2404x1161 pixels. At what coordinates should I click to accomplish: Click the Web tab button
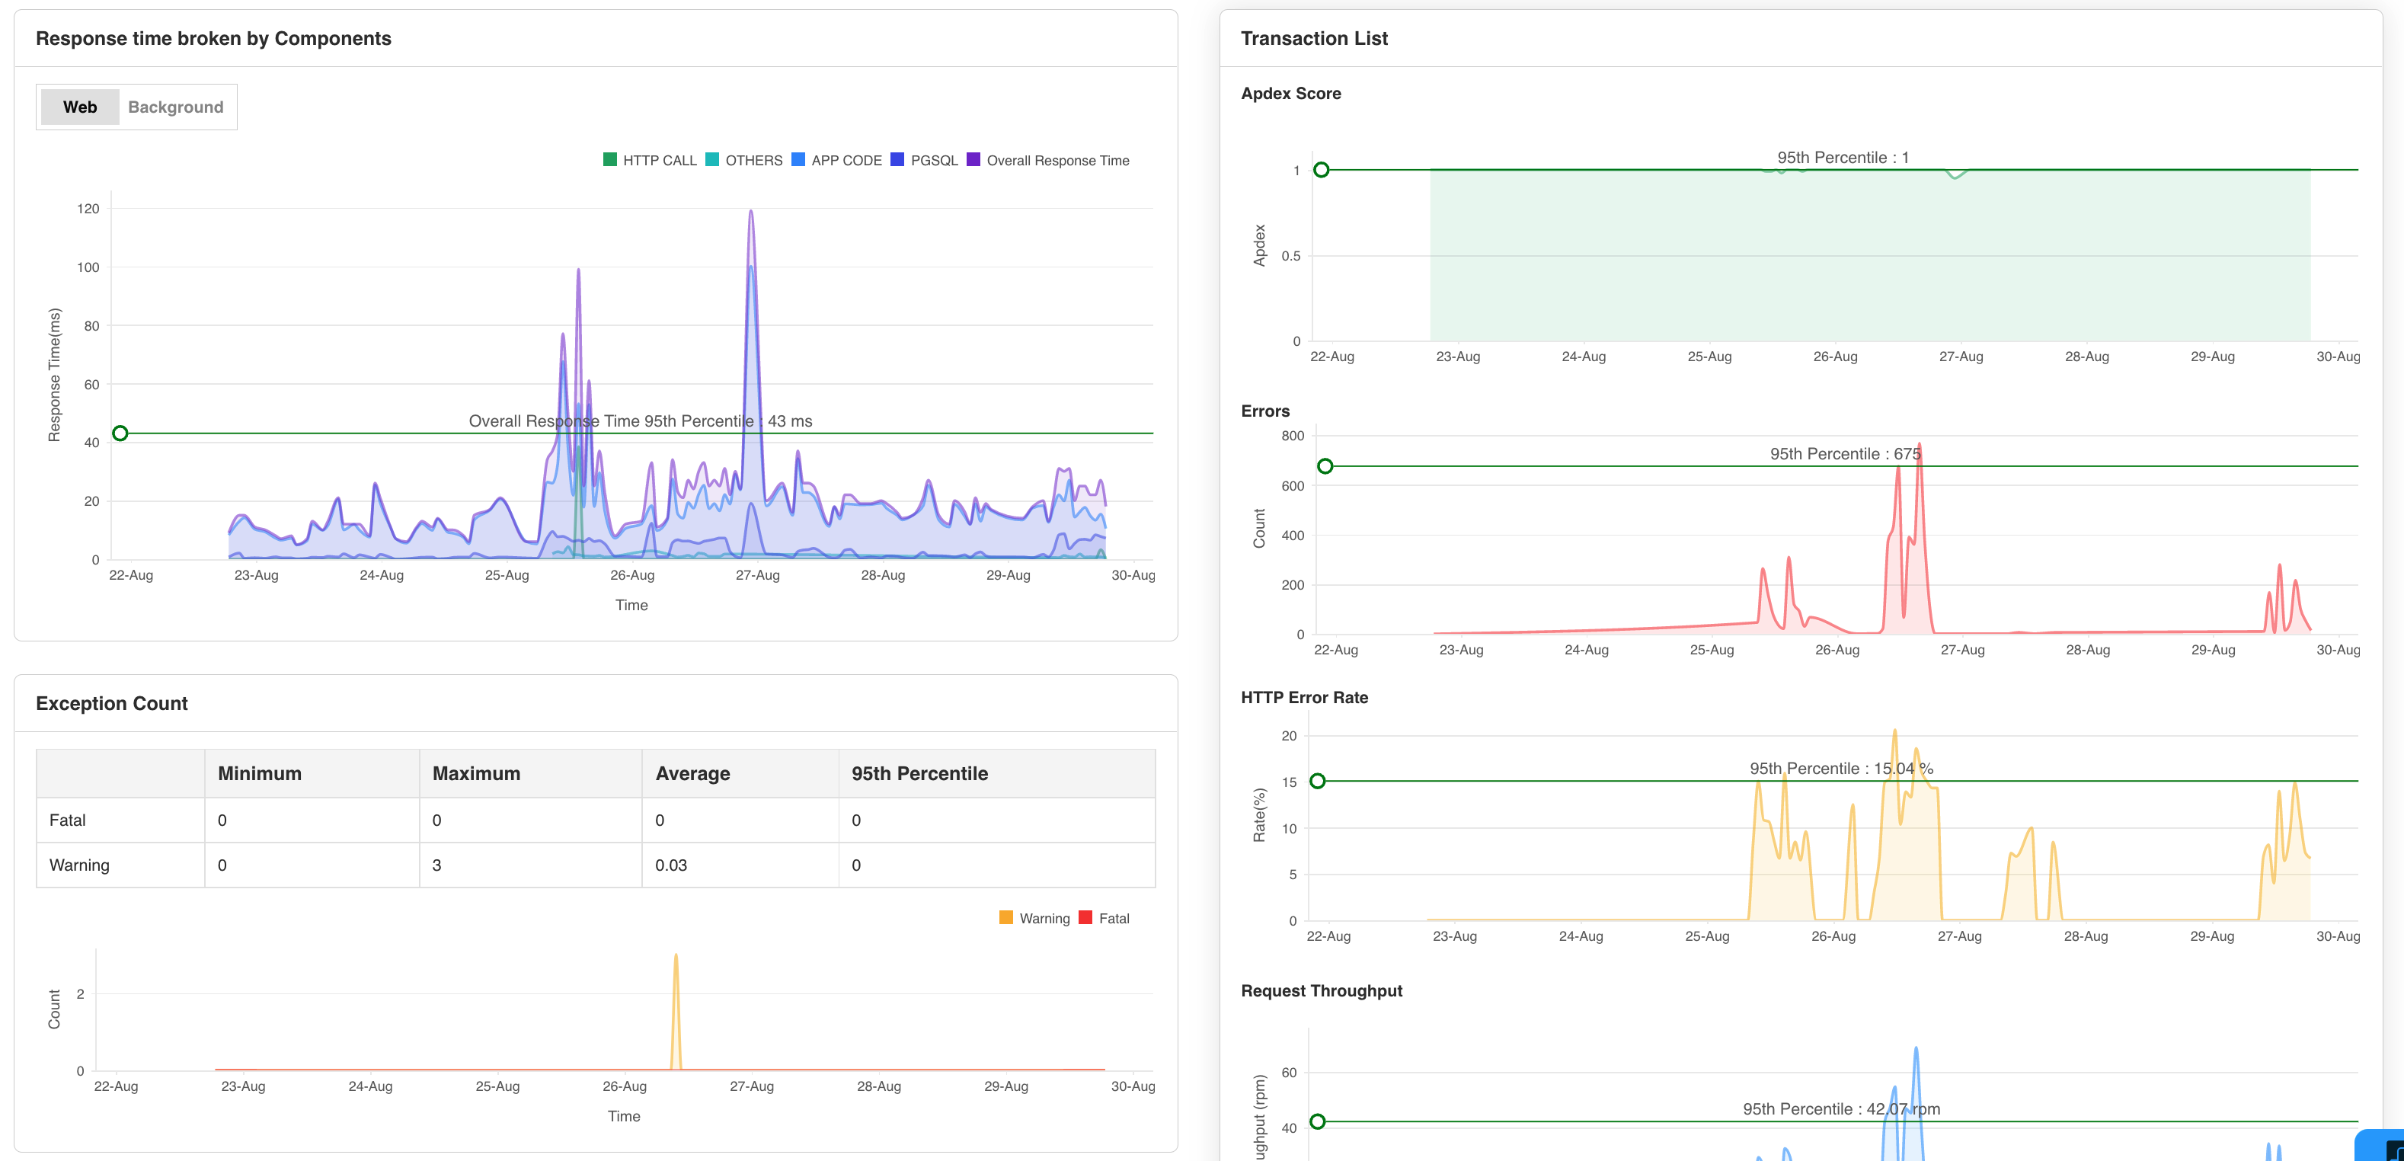[x=79, y=107]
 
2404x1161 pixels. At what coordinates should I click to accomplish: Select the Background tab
[x=175, y=107]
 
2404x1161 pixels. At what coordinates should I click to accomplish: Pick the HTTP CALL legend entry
[x=651, y=161]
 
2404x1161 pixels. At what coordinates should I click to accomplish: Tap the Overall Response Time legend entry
[x=1048, y=161]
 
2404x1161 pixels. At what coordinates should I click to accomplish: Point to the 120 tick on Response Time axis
[x=88, y=209]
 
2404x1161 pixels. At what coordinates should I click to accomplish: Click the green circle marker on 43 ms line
[x=120, y=433]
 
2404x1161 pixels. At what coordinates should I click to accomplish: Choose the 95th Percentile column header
[x=919, y=774]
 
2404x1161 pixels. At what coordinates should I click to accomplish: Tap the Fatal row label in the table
[x=67, y=820]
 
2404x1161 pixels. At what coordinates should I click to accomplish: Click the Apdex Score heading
[x=1290, y=94]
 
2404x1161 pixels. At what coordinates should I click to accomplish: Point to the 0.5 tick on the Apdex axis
[x=1290, y=257]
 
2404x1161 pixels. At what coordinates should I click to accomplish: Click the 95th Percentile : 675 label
[x=1844, y=453]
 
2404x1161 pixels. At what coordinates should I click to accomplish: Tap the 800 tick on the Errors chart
[x=1293, y=436]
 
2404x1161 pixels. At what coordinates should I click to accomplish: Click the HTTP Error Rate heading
[x=1304, y=697]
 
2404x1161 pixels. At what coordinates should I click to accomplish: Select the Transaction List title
[x=1313, y=38]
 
